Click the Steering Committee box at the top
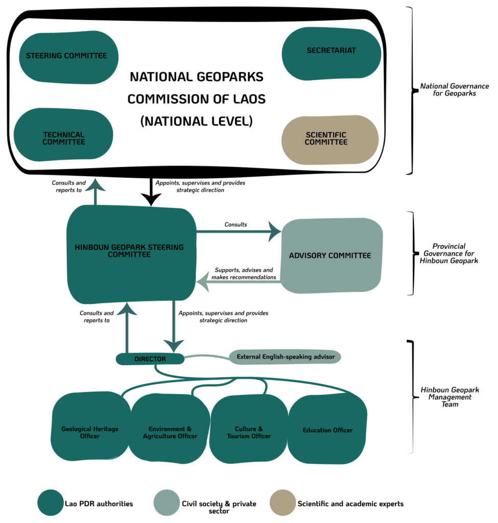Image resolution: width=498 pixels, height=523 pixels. coord(66,56)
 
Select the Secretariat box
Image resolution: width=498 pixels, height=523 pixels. coord(331,51)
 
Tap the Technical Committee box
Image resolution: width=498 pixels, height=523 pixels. coord(64,138)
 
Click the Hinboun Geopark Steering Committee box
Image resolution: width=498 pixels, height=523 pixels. coord(129,251)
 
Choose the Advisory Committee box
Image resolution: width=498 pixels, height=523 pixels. coord(330,255)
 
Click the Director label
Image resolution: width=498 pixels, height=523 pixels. coord(150,359)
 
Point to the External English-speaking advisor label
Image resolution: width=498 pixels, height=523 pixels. coord(286,356)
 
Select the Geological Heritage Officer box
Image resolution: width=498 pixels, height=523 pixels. coord(90,433)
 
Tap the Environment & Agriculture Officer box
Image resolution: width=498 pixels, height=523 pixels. coord(170,433)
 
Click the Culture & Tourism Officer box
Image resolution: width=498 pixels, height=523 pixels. coord(249,433)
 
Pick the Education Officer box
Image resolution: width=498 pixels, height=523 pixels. coord(327,430)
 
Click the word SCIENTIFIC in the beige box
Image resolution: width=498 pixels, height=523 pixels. coord(326,135)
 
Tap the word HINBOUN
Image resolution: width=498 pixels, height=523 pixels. coord(92,247)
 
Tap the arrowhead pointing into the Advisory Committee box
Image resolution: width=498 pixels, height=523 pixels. coord(274,232)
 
